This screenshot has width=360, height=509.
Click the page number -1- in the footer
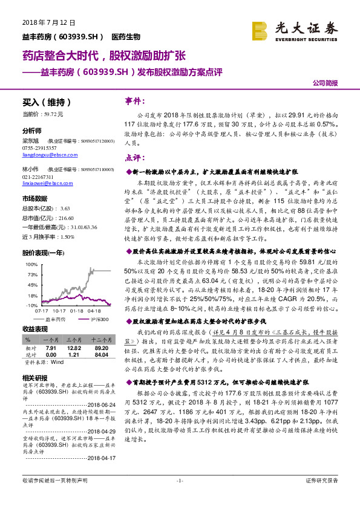pyautogui.click(x=179, y=498)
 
